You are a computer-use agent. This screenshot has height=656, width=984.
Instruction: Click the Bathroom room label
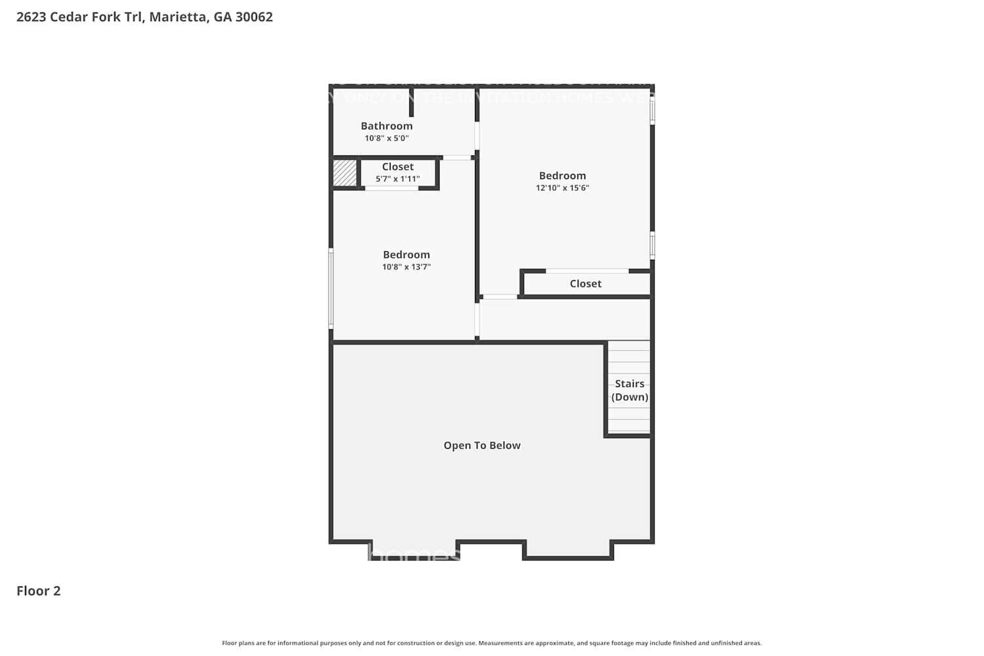tap(386, 126)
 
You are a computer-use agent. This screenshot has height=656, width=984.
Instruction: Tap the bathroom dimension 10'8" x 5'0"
tap(386, 138)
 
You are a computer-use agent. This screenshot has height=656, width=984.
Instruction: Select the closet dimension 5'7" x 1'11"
tap(398, 179)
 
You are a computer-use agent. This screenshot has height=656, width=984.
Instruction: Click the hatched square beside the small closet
tap(344, 173)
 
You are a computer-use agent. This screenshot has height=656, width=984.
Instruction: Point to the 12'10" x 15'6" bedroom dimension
tap(562, 188)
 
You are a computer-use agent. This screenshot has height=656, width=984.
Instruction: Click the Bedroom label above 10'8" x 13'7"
tap(406, 255)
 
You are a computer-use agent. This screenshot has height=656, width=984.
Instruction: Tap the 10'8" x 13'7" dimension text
tap(406, 267)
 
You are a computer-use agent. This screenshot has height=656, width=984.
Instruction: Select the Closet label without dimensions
tap(585, 283)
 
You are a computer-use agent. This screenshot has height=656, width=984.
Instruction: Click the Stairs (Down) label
tap(629, 390)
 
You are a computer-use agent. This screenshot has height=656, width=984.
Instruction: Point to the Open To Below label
tap(482, 445)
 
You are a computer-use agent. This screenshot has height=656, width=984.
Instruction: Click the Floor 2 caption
tap(39, 591)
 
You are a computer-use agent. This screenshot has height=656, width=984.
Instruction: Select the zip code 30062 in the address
tap(254, 17)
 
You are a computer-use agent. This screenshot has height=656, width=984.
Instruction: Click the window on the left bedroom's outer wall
tap(331, 288)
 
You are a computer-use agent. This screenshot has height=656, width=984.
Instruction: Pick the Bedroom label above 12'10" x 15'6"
tap(562, 176)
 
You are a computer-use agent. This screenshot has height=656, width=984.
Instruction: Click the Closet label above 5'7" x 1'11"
tap(398, 167)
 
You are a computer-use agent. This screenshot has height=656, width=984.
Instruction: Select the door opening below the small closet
tap(392, 189)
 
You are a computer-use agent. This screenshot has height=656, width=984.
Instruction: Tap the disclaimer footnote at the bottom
tap(491, 644)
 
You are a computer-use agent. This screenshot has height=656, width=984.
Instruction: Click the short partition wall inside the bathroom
tap(411, 102)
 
